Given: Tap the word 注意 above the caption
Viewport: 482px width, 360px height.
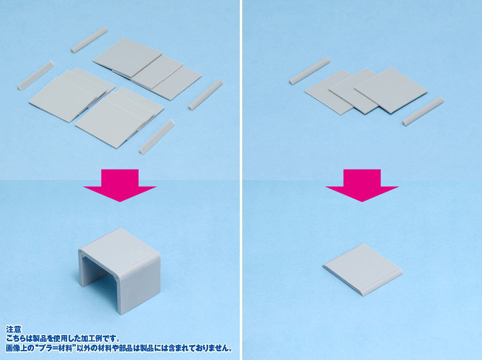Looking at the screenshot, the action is (x=14, y=330).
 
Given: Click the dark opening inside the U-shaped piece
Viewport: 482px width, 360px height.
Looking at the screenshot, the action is (x=99, y=276).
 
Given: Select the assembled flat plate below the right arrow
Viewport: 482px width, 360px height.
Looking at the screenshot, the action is (x=363, y=270).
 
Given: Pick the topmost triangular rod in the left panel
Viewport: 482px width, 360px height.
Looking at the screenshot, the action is (x=90, y=40).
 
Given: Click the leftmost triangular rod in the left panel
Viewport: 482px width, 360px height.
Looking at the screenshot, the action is (x=36, y=75).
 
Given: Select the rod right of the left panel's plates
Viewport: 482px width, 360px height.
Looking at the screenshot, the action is (x=205, y=94).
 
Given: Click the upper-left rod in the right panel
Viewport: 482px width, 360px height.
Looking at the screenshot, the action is (x=309, y=71).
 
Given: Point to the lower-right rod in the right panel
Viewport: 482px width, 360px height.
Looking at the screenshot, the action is (x=423, y=111).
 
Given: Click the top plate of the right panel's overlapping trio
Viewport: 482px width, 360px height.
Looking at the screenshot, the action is (x=391, y=90).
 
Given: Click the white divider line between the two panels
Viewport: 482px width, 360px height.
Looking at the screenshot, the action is (x=241, y=180).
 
